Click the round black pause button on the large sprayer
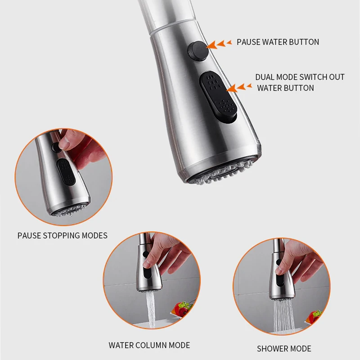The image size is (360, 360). point(198,51)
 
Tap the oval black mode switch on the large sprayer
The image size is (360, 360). point(218,96)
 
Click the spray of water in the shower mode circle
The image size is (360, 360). point(283,316)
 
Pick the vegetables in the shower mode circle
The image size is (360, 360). point(313,317)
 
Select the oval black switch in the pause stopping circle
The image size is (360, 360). point(66,172)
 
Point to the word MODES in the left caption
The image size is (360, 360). point(94,235)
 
